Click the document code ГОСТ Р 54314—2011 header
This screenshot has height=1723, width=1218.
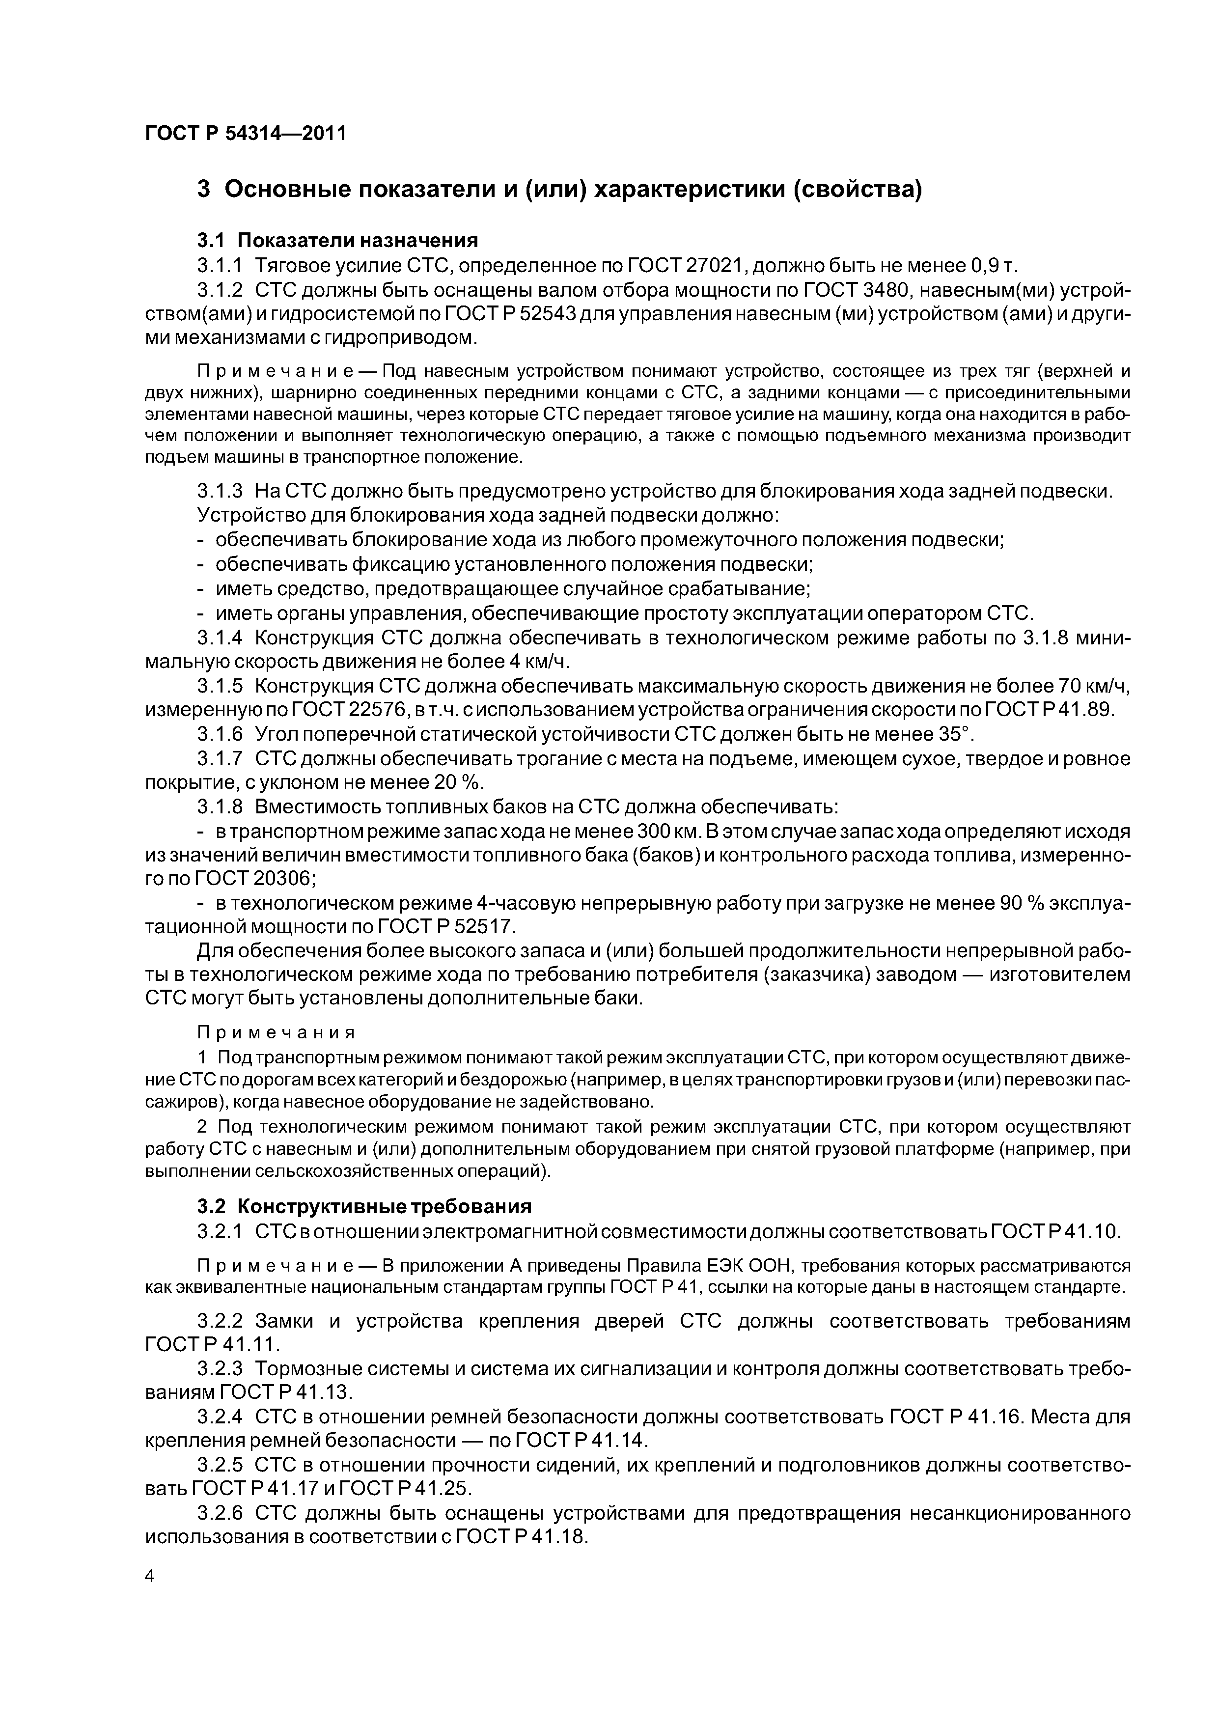(246, 134)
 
